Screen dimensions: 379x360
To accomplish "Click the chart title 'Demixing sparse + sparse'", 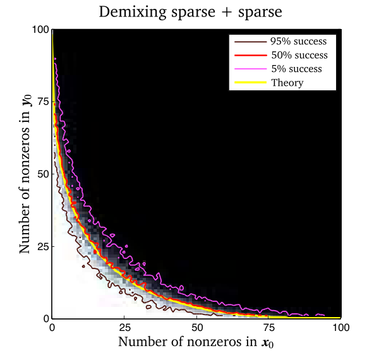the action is point(191,12).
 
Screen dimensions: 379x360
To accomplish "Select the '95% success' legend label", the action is point(299,41).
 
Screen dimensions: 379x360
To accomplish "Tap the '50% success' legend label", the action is point(299,55).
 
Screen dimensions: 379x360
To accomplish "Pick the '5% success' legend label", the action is point(297,69).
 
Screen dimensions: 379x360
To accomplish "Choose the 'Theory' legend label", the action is point(287,83).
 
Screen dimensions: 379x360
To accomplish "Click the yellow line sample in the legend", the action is point(250,83).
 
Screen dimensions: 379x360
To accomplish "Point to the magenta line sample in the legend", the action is point(250,69).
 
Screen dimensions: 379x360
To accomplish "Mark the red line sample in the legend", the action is point(250,56).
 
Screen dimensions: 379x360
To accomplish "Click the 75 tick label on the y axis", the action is point(43,102).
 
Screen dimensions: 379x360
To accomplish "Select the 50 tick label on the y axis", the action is point(43,174).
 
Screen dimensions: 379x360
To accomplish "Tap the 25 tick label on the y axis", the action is point(43,247).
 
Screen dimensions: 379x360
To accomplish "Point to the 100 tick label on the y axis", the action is point(40,30).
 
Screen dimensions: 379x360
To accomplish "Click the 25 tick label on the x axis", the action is point(124,328).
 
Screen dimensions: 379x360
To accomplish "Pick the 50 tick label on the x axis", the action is point(197,328).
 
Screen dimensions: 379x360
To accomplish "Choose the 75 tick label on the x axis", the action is point(269,328).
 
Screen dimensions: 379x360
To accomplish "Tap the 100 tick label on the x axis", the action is point(341,328).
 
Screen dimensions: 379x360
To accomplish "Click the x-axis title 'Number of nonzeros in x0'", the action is point(196,342).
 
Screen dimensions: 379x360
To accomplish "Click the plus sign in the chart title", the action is point(227,13).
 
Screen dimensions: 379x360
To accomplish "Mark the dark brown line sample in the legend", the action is point(250,42).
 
